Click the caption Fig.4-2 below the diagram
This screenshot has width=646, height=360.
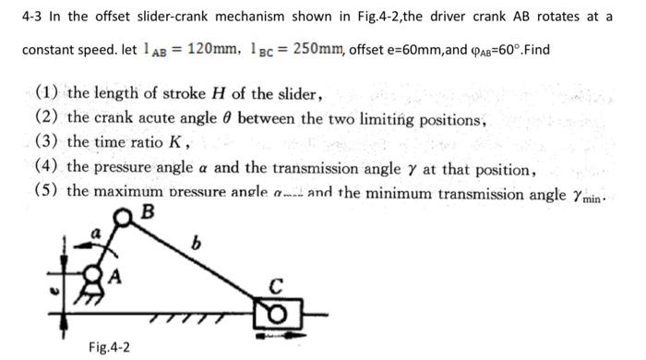coord(109,347)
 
